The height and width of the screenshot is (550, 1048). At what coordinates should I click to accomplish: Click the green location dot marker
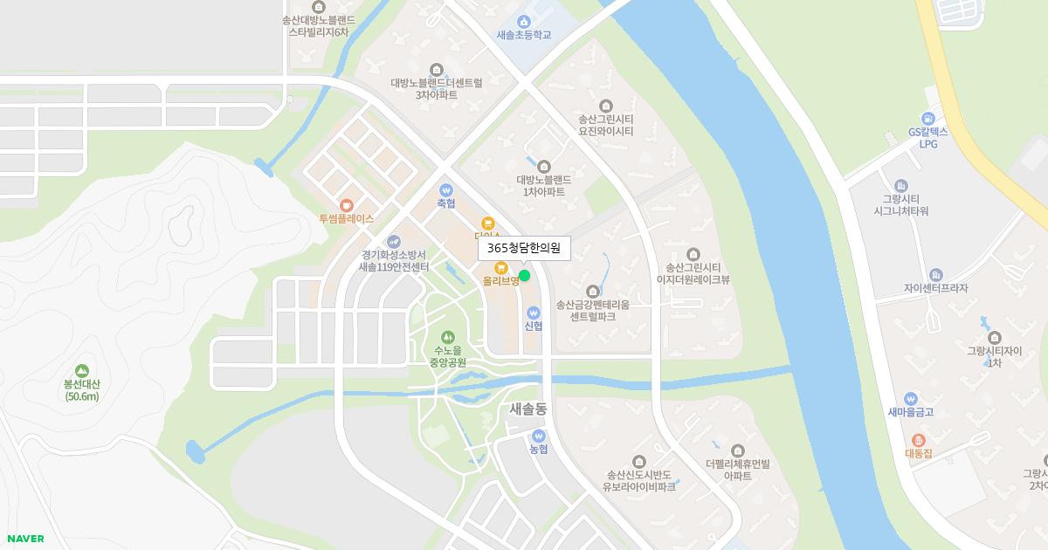(524, 276)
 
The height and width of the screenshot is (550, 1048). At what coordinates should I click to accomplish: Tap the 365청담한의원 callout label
(524, 249)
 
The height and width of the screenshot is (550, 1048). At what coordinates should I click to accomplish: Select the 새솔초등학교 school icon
(524, 21)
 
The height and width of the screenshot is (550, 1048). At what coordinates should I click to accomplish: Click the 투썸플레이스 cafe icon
(347, 204)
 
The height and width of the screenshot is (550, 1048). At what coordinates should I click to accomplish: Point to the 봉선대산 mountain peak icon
(82, 370)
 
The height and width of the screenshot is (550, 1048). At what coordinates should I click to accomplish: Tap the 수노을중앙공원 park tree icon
(448, 336)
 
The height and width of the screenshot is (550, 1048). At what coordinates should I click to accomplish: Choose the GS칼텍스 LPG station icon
(927, 118)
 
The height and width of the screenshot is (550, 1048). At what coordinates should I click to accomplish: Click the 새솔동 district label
(527, 409)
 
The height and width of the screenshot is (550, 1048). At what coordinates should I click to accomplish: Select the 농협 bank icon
(538, 435)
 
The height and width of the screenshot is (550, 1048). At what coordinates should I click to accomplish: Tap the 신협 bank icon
(534, 312)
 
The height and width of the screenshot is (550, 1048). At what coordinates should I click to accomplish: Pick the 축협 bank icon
(446, 189)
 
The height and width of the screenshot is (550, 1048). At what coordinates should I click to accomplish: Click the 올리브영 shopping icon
(501, 267)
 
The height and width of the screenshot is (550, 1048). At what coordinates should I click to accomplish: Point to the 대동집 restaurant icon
(918, 440)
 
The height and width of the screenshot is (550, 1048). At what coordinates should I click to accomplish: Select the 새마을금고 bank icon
(911, 398)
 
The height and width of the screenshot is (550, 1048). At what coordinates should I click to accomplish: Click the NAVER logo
(25, 539)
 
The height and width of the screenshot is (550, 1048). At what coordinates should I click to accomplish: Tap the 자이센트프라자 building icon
(936, 274)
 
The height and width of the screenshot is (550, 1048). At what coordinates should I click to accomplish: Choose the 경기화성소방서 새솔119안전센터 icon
(394, 241)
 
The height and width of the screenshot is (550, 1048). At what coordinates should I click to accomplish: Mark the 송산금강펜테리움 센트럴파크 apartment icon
(593, 291)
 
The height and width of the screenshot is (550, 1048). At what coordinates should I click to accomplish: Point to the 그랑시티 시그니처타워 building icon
(901, 186)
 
